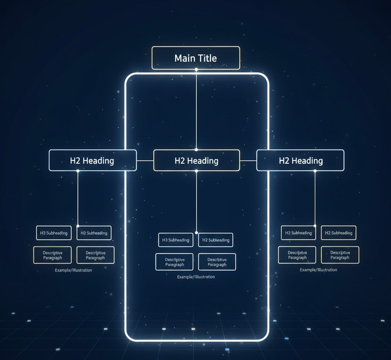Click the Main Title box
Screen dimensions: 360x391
coord(196,58)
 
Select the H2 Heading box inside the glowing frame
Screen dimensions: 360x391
coord(196,160)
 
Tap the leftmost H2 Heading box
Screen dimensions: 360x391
coord(92,160)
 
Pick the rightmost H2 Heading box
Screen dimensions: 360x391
coord(300,160)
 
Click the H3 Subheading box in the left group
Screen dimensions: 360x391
coord(54,233)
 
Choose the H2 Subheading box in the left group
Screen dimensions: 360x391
coord(94,233)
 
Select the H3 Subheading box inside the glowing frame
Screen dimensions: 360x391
coord(176,240)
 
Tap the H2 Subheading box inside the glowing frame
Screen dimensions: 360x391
coord(216,240)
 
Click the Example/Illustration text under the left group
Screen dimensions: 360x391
coord(73,270)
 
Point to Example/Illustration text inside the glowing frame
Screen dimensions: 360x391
coord(196,277)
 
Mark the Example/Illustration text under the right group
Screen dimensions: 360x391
coord(318,270)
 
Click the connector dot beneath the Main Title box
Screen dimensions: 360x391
coord(196,69)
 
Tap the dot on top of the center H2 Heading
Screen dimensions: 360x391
coord(196,149)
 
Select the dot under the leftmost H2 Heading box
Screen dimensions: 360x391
coord(78,171)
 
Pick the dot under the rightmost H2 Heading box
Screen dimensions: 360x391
coord(315,171)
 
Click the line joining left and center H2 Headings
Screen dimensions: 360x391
coord(145,161)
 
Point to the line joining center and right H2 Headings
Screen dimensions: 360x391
coord(248,161)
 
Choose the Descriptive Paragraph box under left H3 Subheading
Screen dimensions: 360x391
coord(52,255)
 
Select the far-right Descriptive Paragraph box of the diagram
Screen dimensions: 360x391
coord(340,255)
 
